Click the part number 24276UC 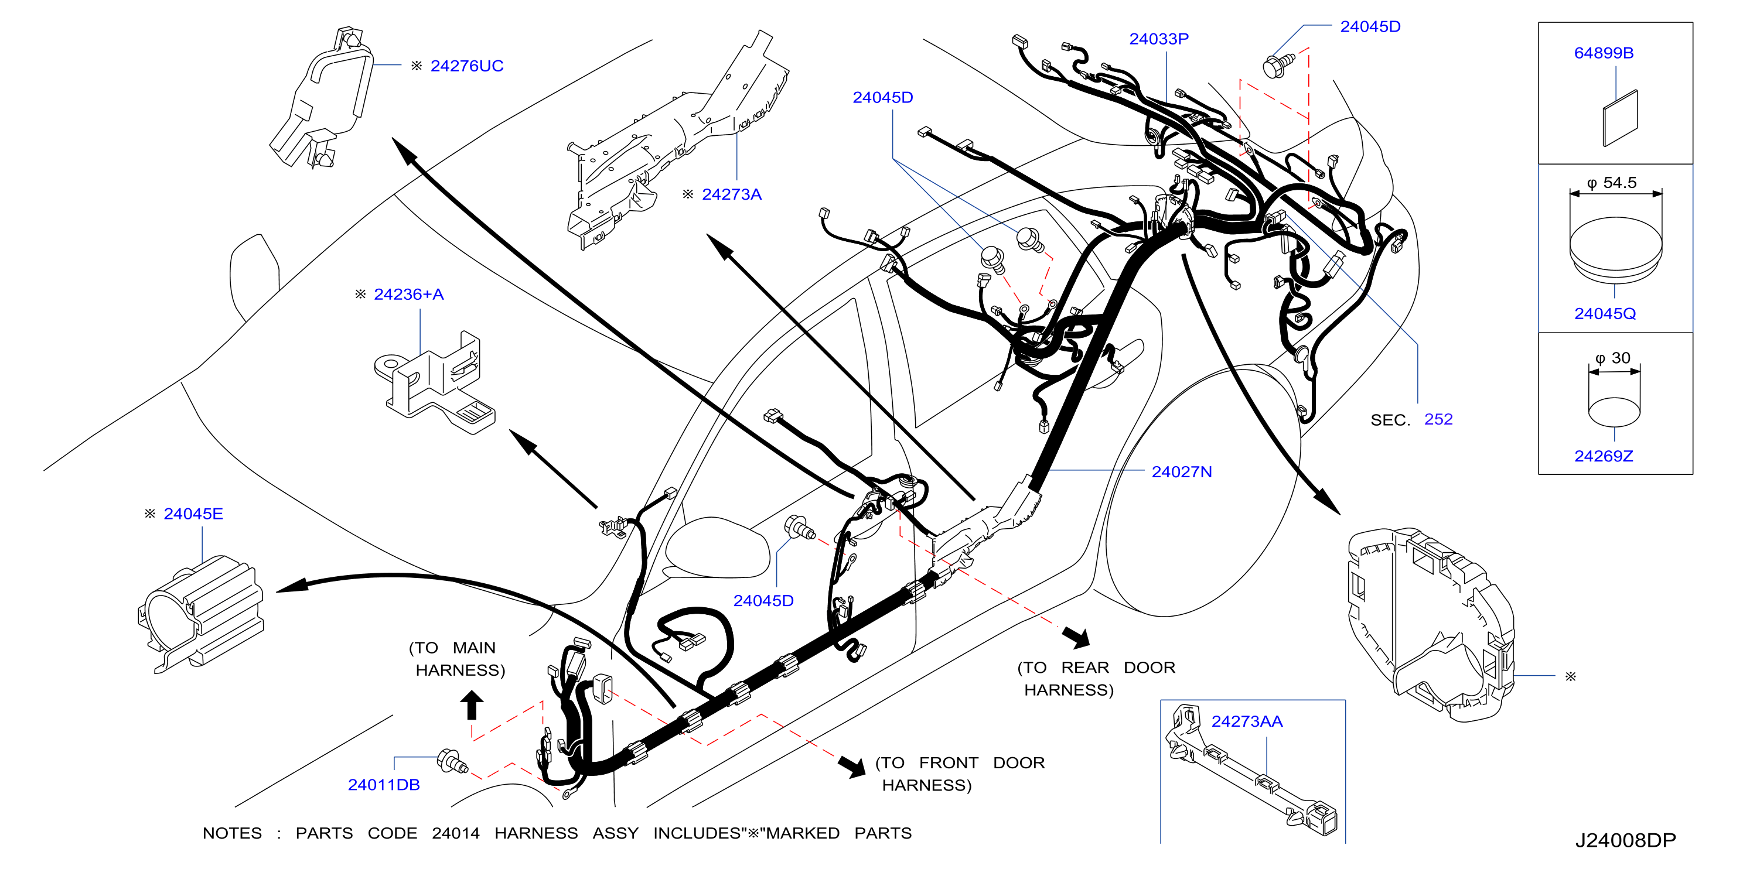pyautogui.click(x=466, y=66)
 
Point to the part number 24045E pyautogui.click(x=193, y=514)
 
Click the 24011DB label pyautogui.click(x=384, y=785)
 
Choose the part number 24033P pyautogui.click(x=1158, y=39)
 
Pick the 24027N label pyautogui.click(x=1181, y=472)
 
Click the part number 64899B pyautogui.click(x=1604, y=53)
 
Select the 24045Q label pyautogui.click(x=1605, y=314)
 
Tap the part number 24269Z pyautogui.click(x=1604, y=457)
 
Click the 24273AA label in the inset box pyautogui.click(x=1246, y=721)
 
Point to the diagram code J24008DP pyautogui.click(x=1625, y=840)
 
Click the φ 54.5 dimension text pyautogui.click(x=1612, y=183)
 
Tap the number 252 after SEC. pyautogui.click(x=1438, y=419)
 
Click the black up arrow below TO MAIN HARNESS pyautogui.click(x=472, y=704)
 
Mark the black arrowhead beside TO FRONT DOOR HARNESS pyautogui.click(x=853, y=766)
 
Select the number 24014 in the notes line pyautogui.click(x=455, y=833)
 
